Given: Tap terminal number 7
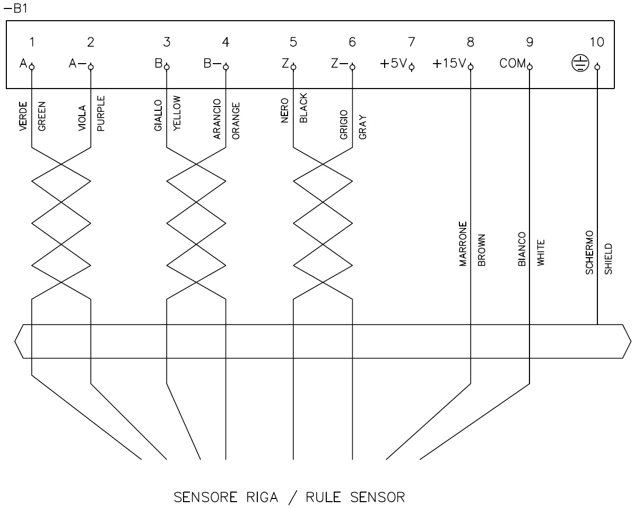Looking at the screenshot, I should click(411, 42).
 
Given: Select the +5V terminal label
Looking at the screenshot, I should click(393, 64).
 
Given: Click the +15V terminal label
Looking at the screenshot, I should click(449, 64).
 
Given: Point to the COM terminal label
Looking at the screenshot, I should click(512, 64).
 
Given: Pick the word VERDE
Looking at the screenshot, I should click(23, 117).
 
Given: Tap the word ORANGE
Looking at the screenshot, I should click(236, 120).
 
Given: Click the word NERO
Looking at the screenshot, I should click(285, 110).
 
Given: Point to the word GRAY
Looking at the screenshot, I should click(362, 128).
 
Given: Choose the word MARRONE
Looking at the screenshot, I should click(463, 243).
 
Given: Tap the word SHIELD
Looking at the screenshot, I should click(608, 258).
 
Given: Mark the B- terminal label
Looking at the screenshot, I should click(212, 64).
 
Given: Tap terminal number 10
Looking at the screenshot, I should click(597, 42).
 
